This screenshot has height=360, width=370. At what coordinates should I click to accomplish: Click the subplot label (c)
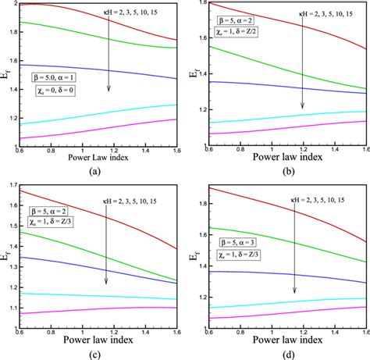92,354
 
